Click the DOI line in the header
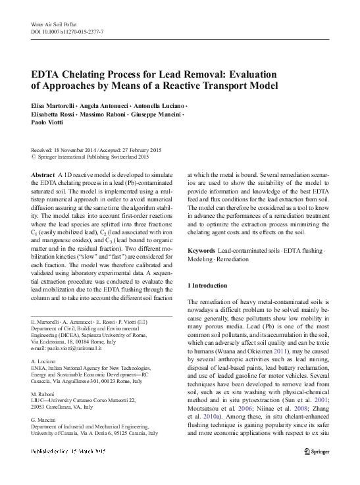click(68, 31)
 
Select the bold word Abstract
click(43, 169)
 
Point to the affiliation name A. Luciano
click(44, 362)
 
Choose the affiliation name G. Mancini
click(45, 420)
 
